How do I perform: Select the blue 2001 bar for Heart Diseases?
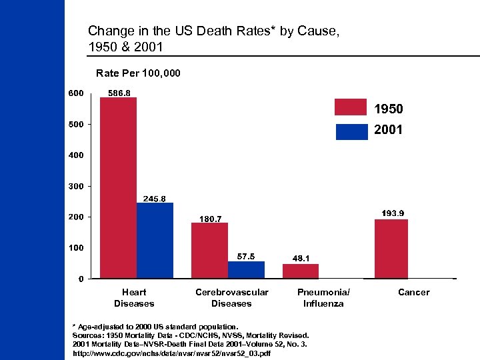[x=155, y=240]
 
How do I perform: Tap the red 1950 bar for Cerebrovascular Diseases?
[x=209, y=250]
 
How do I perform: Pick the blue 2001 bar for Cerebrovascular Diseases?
[x=246, y=269]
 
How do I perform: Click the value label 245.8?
[x=155, y=198]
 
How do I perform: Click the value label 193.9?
[x=393, y=213]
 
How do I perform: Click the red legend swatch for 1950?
[x=351, y=107]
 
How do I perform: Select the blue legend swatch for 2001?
[x=351, y=131]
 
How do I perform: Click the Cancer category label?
[x=413, y=292]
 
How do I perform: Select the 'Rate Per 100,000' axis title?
[x=138, y=72]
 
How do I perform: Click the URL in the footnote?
[x=171, y=353]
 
